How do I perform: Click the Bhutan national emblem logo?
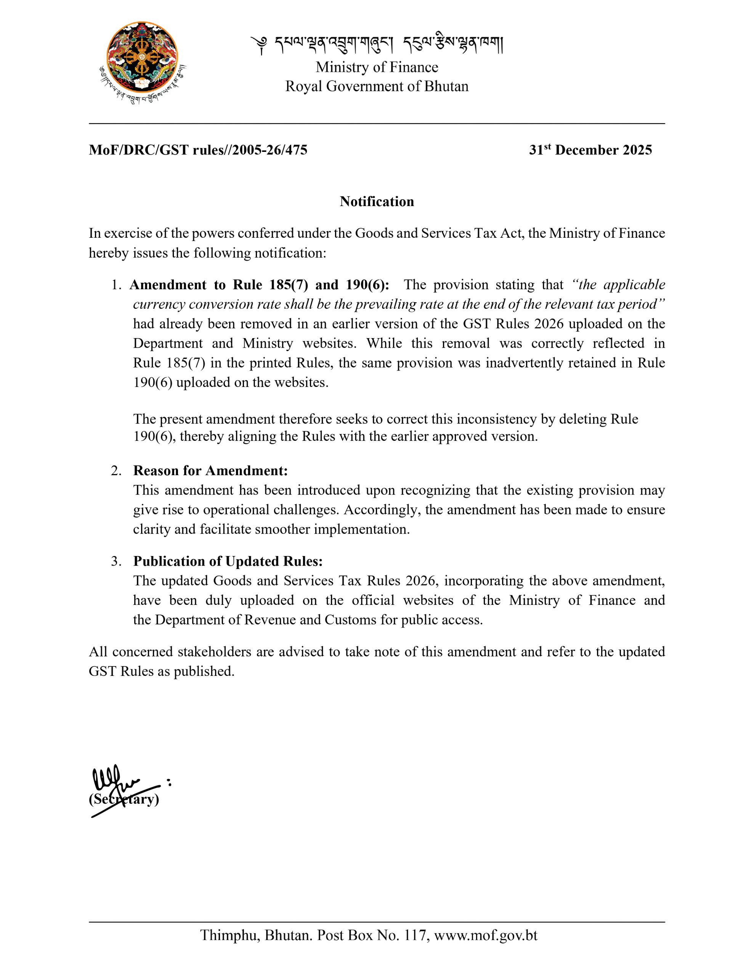tap(142, 61)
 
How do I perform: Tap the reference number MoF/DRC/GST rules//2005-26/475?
tap(198, 150)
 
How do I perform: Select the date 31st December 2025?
tap(590, 150)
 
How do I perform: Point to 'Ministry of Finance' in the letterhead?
tap(377, 67)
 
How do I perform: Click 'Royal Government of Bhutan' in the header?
tap(377, 86)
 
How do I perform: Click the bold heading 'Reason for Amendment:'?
tap(210, 471)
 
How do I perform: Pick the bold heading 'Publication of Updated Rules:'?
tap(228, 561)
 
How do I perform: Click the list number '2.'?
tap(116, 471)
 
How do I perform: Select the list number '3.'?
tap(116, 561)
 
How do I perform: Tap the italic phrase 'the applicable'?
tap(619, 285)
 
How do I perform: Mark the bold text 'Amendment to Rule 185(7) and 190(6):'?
tap(259, 285)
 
